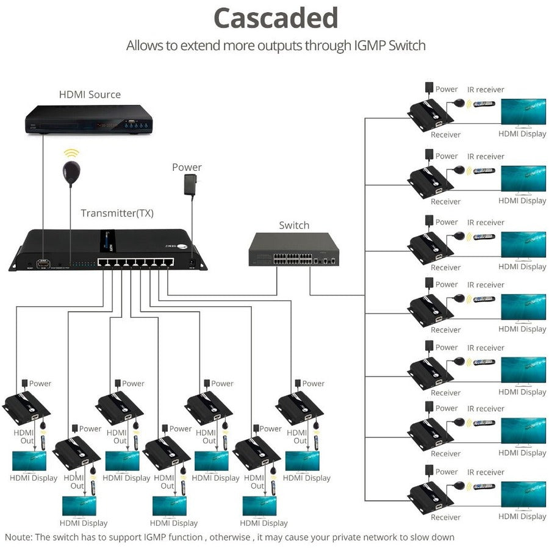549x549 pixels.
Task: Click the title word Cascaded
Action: tap(276, 18)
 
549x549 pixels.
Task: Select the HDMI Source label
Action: tap(90, 95)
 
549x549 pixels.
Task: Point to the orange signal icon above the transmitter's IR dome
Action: tap(72, 153)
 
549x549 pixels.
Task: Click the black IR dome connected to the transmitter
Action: tap(71, 173)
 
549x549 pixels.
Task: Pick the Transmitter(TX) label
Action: tap(117, 213)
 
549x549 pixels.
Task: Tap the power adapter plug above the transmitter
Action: tap(191, 184)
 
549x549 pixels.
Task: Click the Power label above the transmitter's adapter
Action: tap(187, 167)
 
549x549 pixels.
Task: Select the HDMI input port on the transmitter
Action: tap(43, 264)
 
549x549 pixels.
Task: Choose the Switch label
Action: tap(294, 225)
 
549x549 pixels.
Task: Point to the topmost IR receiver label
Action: tap(486, 90)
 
